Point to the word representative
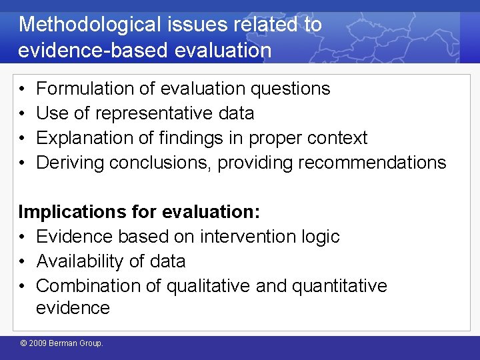tap(157, 113)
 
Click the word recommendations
tap(372, 163)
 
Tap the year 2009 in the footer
tap(39, 344)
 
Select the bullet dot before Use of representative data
tap(23, 113)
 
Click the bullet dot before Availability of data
tap(23, 261)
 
